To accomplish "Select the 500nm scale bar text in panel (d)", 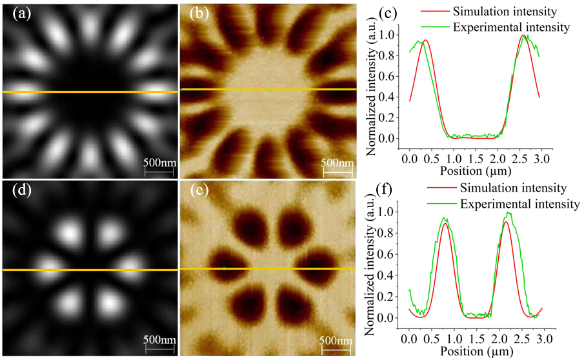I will (157, 339).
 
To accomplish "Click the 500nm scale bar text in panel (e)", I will (336, 340).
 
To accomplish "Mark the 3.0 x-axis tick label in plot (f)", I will (541, 338).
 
